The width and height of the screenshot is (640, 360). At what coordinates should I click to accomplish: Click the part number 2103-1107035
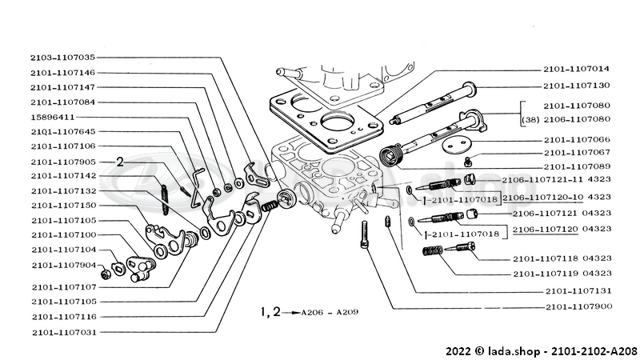[63, 58]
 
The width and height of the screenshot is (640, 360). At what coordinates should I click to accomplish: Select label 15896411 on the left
[54, 117]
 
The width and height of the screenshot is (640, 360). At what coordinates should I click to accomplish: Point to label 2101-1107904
[63, 265]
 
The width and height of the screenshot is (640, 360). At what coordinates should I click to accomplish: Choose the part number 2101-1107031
[63, 332]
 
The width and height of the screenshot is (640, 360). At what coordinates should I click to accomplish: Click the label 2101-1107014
[576, 69]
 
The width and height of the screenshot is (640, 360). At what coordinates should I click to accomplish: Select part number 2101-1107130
[576, 86]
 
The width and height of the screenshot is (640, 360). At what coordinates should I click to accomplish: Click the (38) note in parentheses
[529, 120]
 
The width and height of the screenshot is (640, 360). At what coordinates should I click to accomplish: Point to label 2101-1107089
[576, 166]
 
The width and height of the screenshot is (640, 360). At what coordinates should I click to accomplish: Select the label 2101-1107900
[576, 307]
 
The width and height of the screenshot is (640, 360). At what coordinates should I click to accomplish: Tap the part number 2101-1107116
[63, 317]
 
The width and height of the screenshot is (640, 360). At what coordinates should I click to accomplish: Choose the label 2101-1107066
[576, 138]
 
